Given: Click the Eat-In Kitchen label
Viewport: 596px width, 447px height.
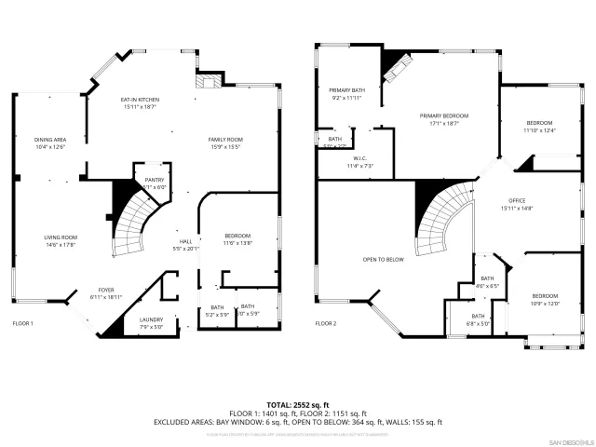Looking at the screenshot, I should point(141,99).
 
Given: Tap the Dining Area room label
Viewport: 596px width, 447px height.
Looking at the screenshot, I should point(50,140).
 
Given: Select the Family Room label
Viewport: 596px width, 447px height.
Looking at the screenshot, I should point(224,140).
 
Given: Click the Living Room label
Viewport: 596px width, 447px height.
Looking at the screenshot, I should point(61,237).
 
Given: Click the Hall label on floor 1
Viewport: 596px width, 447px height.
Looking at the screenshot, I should point(186,243).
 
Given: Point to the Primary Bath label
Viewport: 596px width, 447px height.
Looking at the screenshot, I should point(345,91).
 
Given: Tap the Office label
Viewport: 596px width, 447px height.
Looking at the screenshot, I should point(517,201).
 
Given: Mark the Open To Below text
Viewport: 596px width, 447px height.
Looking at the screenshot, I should point(383,260).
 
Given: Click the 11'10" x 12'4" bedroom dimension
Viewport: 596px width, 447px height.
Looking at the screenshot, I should point(539,130).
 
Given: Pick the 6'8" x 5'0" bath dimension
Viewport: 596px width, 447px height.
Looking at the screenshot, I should point(477,323).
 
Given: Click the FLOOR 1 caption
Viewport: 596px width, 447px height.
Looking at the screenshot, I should point(22,324).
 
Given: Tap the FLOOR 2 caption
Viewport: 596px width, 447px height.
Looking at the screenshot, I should point(325,324).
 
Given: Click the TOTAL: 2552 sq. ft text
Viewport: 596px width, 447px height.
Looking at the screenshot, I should point(297,404).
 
